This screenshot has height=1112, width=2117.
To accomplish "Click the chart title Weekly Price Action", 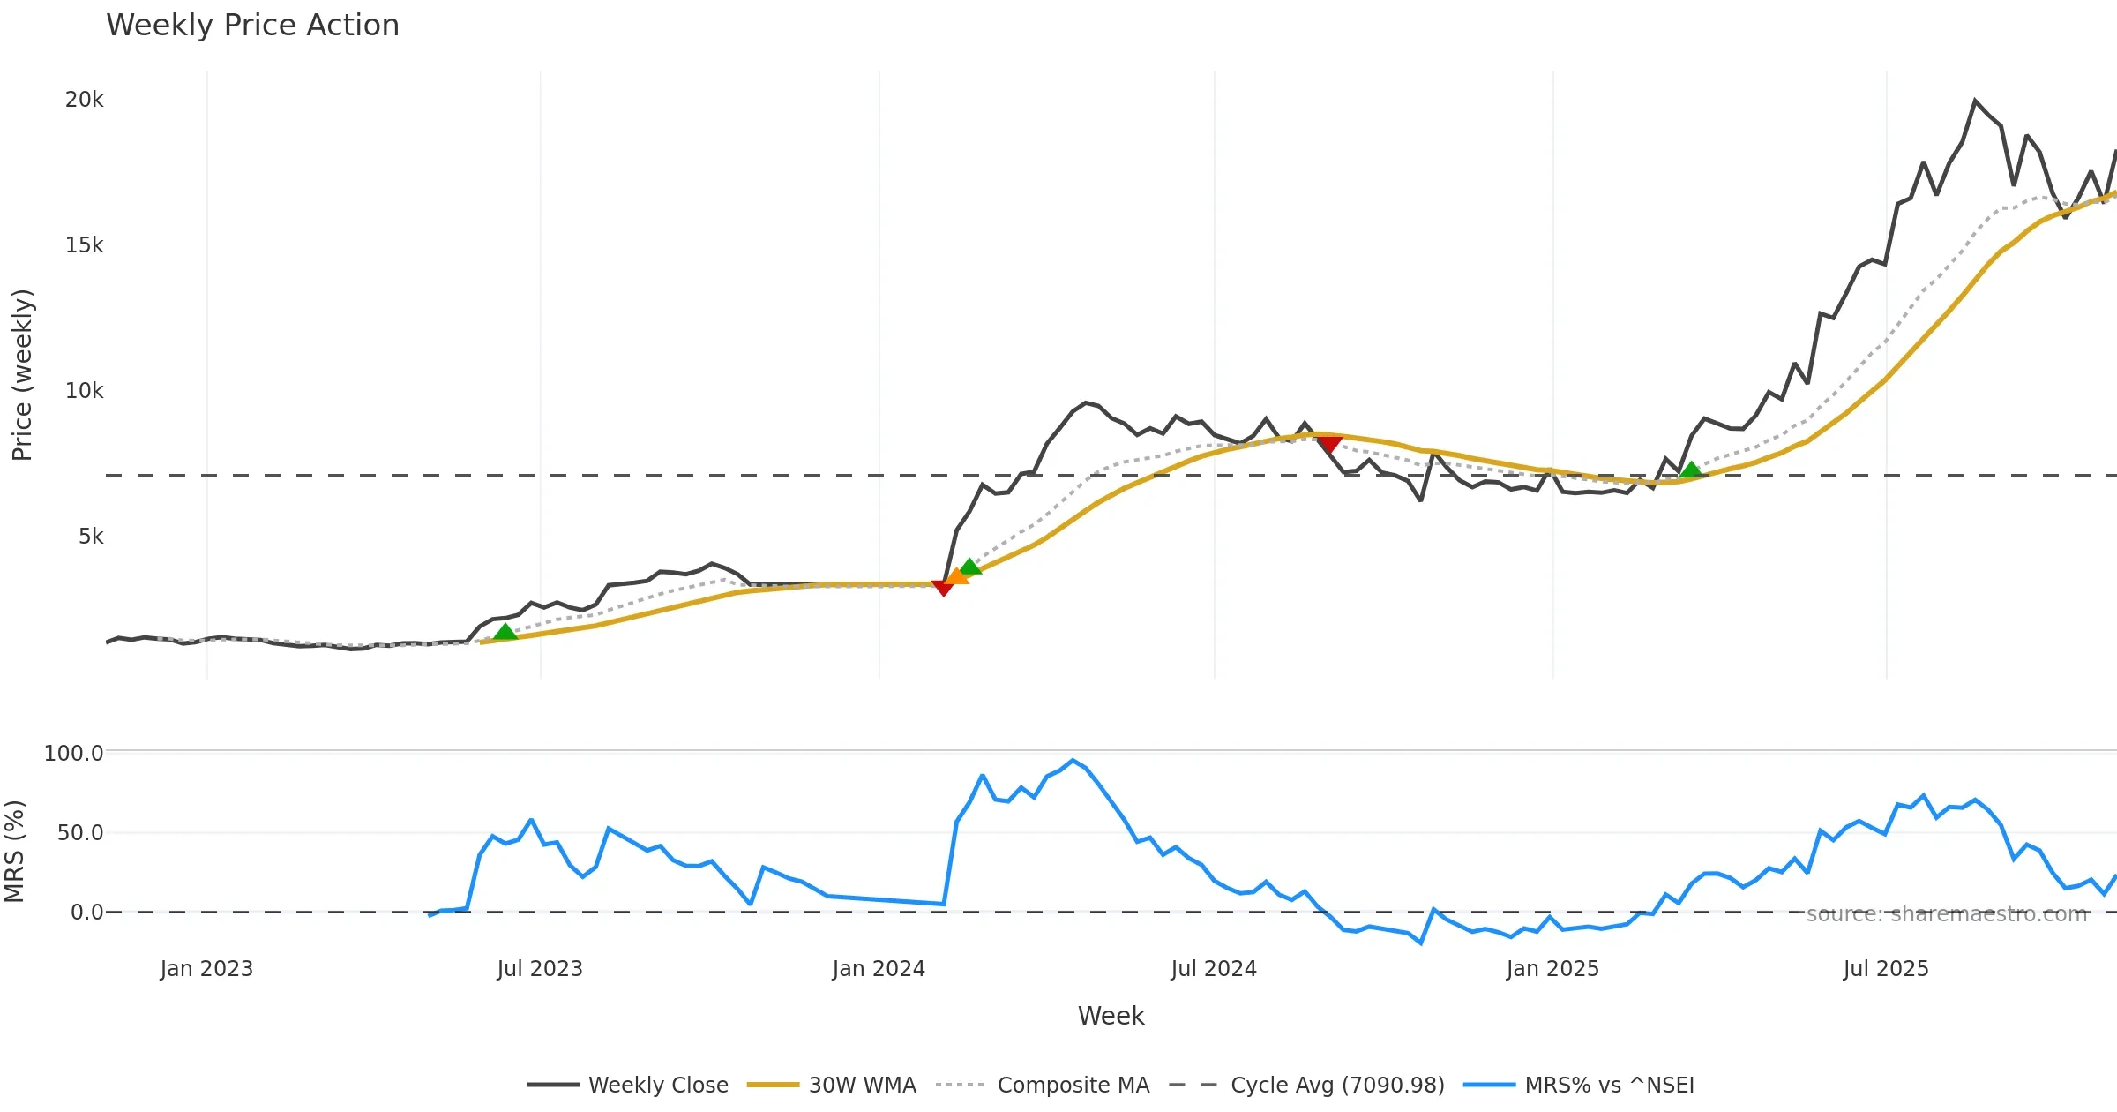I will click(x=252, y=26).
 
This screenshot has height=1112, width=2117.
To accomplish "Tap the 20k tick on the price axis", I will click(x=84, y=100).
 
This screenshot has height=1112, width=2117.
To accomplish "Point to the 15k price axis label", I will click(x=84, y=245).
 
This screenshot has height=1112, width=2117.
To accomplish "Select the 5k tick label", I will click(x=91, y=537).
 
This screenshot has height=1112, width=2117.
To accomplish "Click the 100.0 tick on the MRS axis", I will click(x=73, y=753).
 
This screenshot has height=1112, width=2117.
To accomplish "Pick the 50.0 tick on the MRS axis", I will click(x=79, y=832).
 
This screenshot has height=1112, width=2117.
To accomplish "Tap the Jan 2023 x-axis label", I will click(x=206, y=969).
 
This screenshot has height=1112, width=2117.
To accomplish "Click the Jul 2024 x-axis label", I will click(x=1214, y=969).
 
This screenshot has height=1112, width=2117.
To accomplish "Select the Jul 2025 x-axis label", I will click(x=1886, y=969).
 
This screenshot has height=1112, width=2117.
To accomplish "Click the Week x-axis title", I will click(x=1111, y=1016).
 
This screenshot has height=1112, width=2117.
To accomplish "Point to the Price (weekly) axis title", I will click(x=22, y=375).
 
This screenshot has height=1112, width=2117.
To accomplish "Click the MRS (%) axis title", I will click(x=15, y=851).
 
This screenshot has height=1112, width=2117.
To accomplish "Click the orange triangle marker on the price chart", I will click(x=956, y=576).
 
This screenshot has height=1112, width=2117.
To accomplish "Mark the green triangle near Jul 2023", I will click(x=505, y=631).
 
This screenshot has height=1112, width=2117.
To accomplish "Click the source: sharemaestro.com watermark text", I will click(x=1947, y=914).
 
